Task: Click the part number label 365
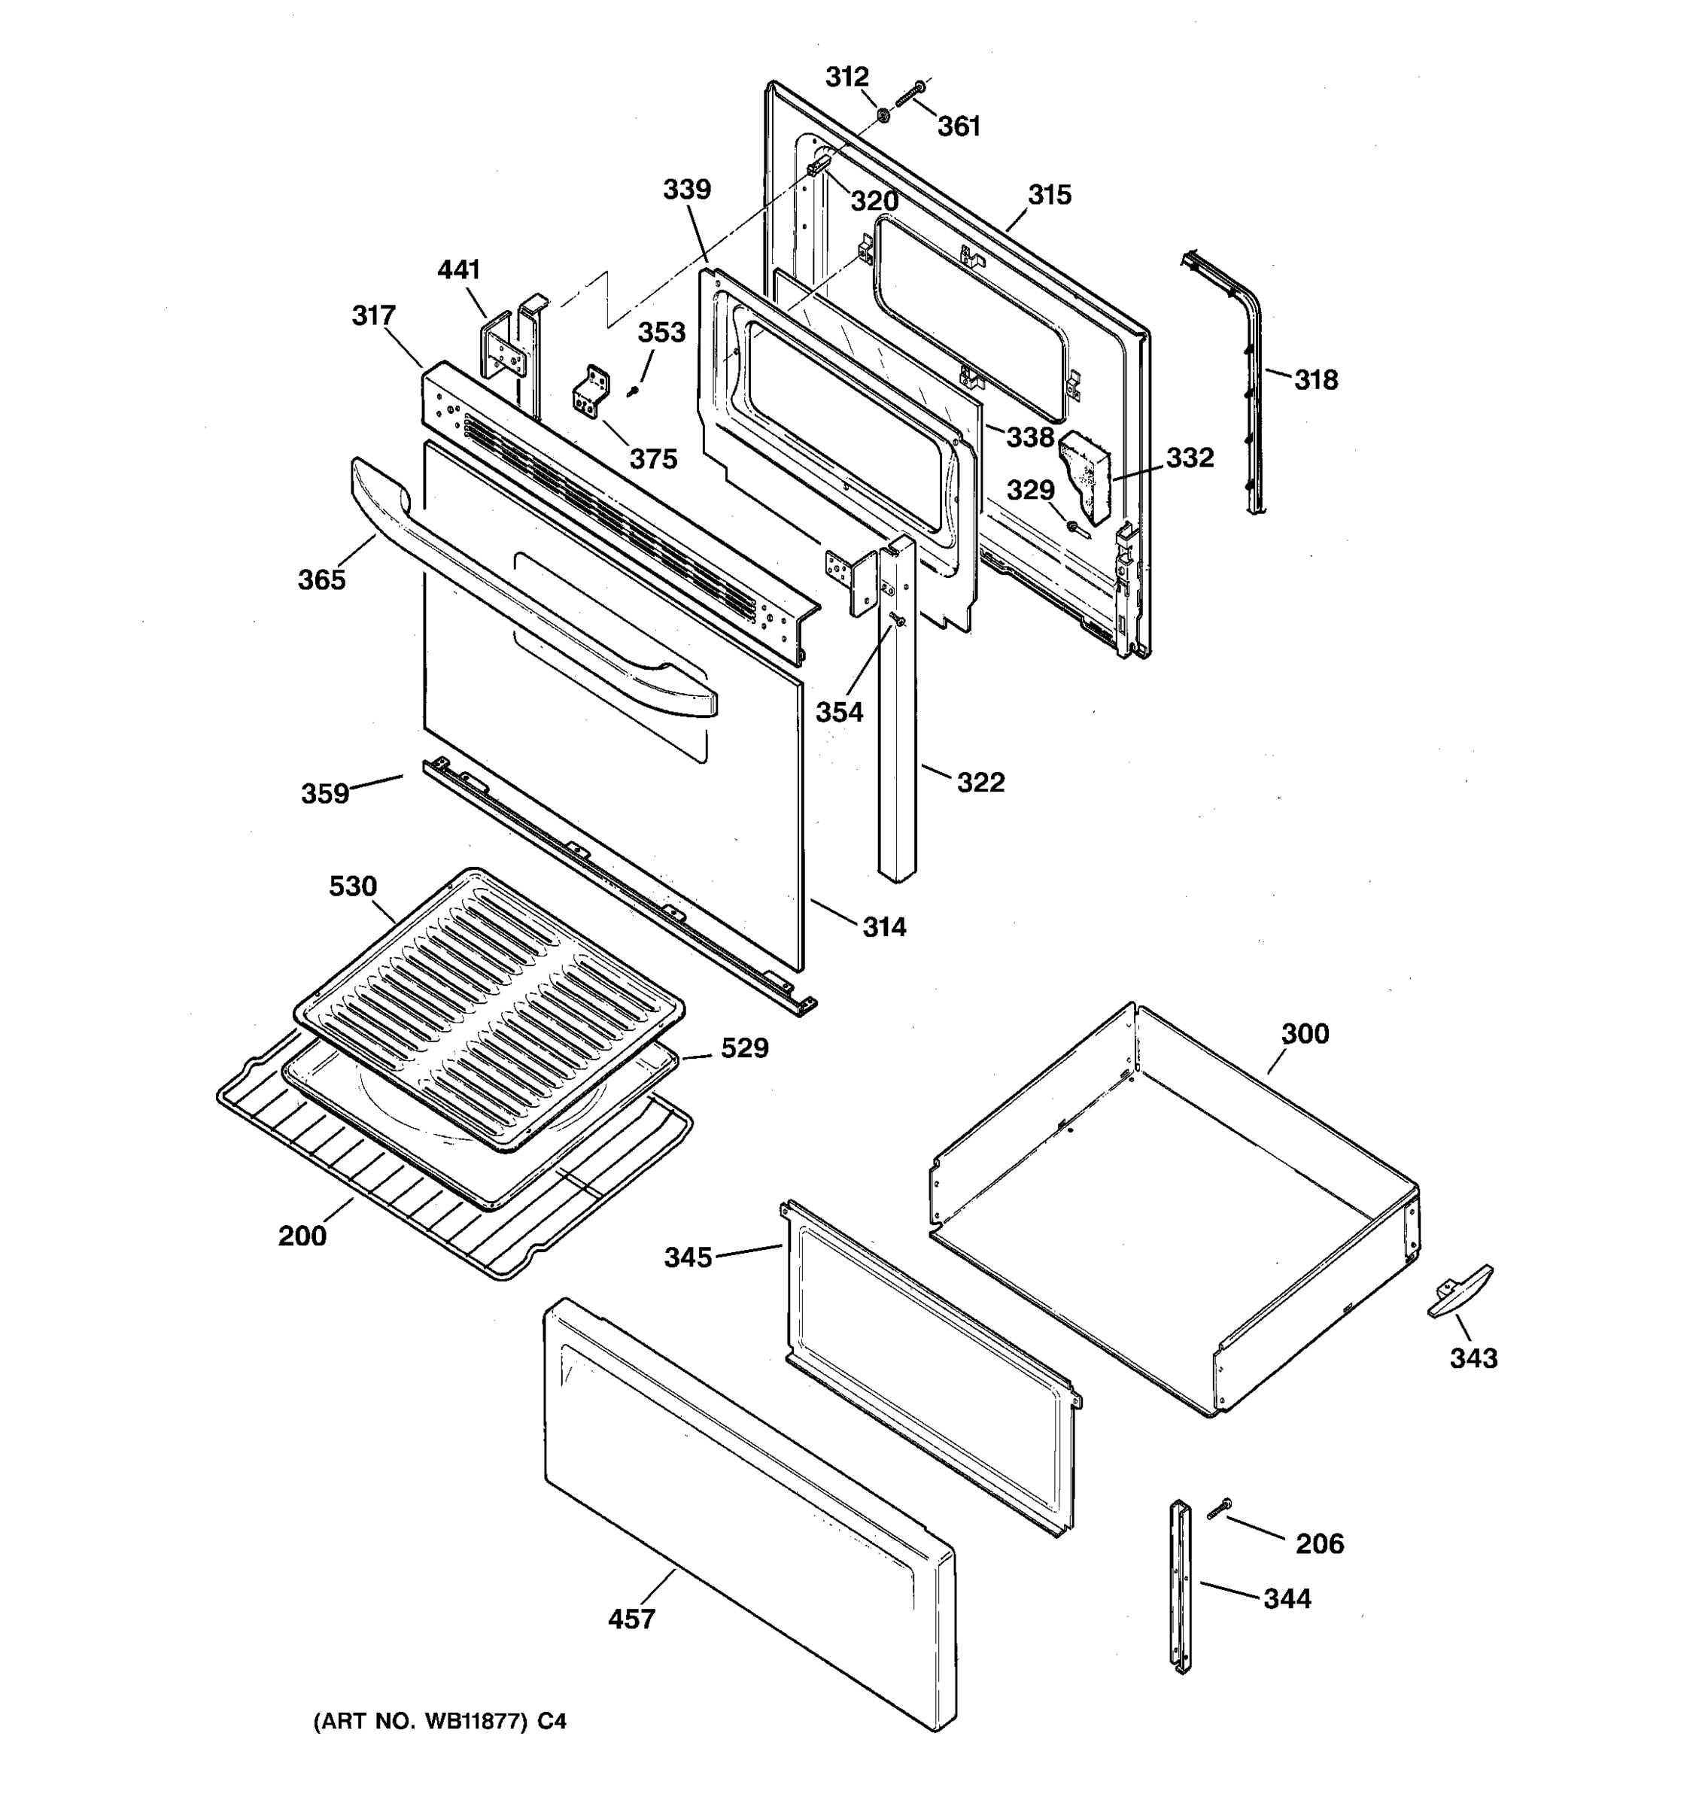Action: pos(321,579)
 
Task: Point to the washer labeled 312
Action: pos(882,114)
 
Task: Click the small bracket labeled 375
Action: pos(591,393)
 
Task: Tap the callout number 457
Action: pos(631,1618)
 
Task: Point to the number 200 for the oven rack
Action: pos(302,1236)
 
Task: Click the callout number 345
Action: pos(688,1257)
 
